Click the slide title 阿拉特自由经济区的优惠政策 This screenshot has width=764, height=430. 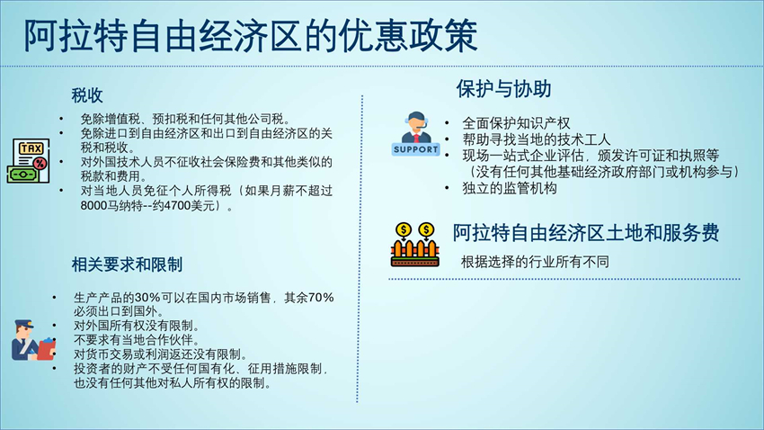tap(251, 36)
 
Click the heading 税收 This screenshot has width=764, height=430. tap(87, 95)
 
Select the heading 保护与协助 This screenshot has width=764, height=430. tap(503, 89)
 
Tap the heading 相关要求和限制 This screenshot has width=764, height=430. tap(127, 264)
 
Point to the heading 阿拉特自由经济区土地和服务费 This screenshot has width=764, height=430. tap(586, 233)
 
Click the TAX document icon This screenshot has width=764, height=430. tap(28, 161)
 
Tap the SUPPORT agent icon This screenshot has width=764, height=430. tap(415, 134)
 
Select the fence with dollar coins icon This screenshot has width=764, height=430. tap(414, 245)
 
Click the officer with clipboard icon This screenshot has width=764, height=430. tap(32, 340)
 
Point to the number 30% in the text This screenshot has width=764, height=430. tap(148, 298)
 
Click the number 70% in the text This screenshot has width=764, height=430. tap(321, 298)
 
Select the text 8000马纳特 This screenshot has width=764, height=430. tap(106, 206)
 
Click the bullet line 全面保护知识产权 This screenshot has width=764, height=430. tap(516, 123)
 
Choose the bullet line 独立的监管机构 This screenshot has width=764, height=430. tap(509, 188)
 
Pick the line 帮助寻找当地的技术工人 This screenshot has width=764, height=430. tap(536, 140)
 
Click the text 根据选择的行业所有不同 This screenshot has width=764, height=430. tap(535, 262)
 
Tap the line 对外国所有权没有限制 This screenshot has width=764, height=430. tap(137, 326)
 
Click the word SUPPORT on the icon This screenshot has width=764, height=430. tap(415, 149)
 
